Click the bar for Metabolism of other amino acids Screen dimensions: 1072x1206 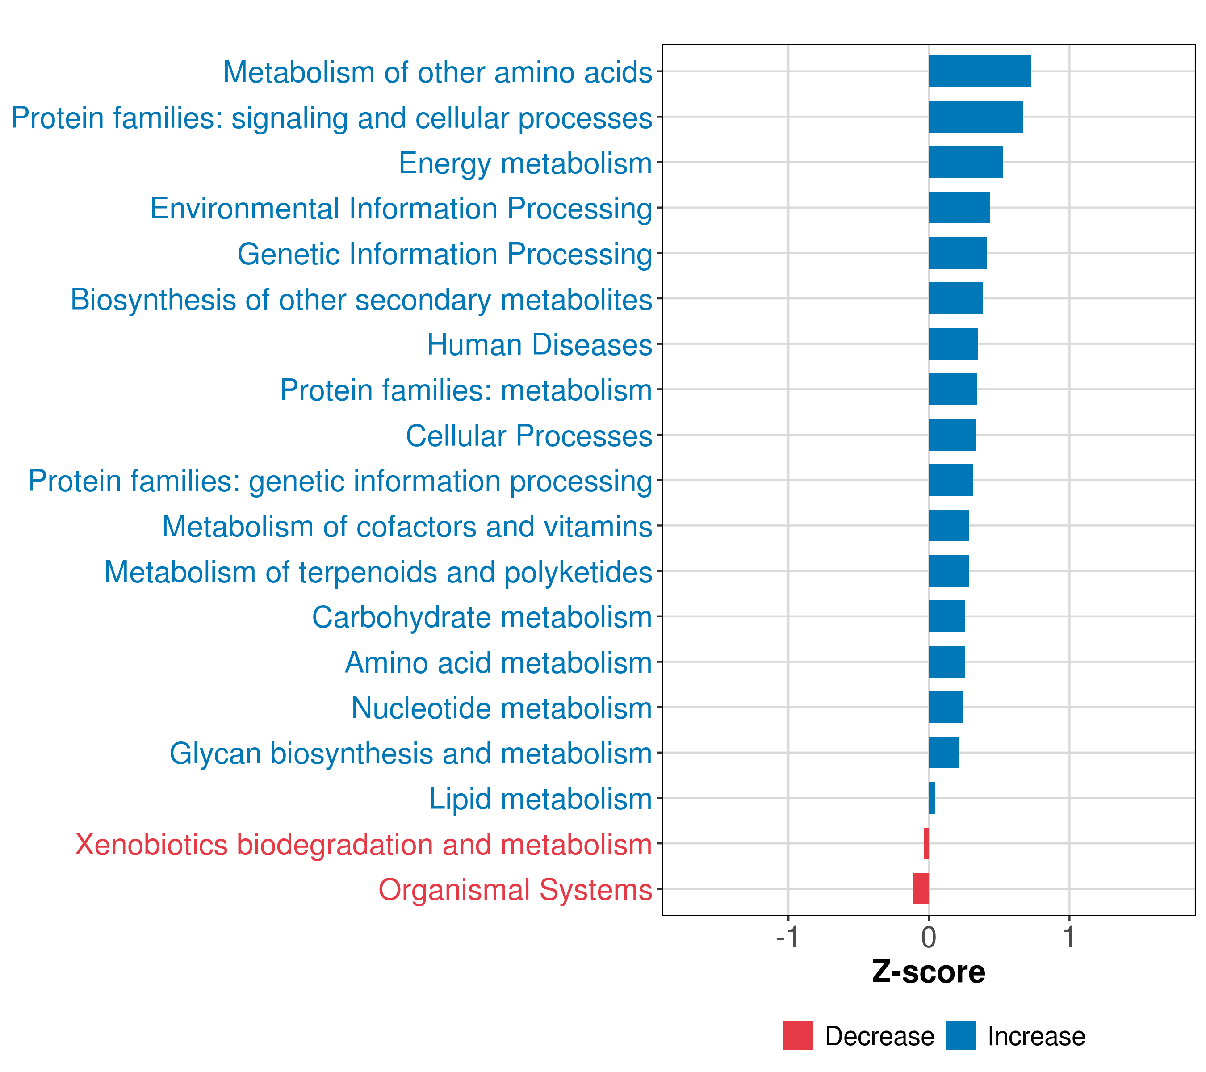click(980, 71)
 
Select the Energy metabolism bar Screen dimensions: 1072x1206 click(965, 162)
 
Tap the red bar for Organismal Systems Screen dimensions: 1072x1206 click(921, 888)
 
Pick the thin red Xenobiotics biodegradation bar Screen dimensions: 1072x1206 click(926, 843)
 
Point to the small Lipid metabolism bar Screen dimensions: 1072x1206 click(932, 798)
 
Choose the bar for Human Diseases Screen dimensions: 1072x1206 click(953, 344)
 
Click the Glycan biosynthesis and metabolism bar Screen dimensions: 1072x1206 click(943, 752)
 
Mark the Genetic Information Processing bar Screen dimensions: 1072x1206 click(957, 253)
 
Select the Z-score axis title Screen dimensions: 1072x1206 click(928, 973)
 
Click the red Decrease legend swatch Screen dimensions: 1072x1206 click(798, 1035)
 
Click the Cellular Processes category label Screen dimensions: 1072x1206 click(529, 436)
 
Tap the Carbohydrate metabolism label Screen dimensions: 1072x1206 click(482, 618)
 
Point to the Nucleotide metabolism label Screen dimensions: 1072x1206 click(502, 708)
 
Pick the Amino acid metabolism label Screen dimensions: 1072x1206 click(498, 662)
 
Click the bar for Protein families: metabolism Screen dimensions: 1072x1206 click(952, 389)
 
